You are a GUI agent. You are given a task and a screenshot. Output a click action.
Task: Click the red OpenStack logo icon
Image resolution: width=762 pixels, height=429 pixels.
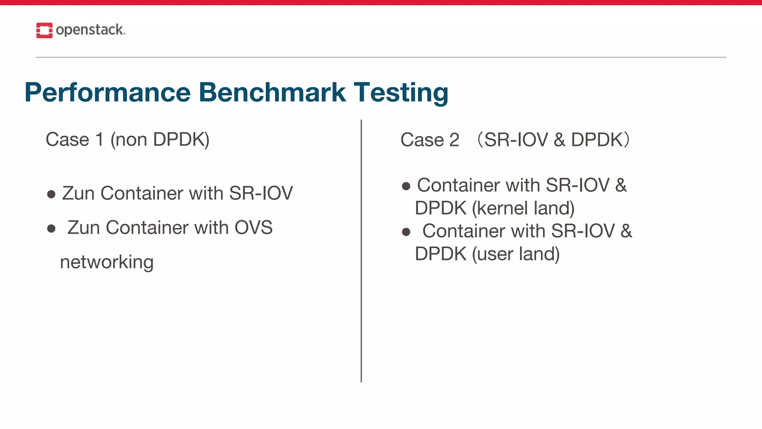tap(44, 30)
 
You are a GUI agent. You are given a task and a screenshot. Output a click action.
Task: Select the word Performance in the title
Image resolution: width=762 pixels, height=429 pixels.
tap(108, 92)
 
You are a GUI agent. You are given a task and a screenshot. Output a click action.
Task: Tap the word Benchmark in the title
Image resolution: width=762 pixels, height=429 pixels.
tap(272, 92)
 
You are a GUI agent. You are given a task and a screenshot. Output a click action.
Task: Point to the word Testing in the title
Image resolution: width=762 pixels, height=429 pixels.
tap(401, 93)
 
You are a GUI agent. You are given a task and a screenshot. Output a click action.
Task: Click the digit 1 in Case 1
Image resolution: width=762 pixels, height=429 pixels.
tap(99, 140)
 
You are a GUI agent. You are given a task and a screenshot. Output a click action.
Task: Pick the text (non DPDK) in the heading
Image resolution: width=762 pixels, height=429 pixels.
tap(160, 140)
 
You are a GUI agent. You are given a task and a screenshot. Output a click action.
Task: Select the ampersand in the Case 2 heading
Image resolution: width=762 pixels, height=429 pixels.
tap(559, 140)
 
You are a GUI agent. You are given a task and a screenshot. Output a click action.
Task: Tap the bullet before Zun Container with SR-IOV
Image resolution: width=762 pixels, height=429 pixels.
tap(51, 194)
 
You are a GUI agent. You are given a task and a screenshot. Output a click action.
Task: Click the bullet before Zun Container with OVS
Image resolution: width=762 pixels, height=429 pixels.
tap(51, 228)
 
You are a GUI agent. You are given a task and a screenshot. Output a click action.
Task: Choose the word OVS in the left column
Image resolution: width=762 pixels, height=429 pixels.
tap(253, 228)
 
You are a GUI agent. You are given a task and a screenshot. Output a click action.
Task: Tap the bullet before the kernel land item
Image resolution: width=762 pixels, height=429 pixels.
tap(406, 186)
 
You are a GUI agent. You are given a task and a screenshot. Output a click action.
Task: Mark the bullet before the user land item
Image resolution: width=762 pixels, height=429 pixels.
tap(406, 232)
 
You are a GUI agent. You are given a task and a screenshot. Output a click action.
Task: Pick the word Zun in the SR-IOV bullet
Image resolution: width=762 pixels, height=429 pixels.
tap(78, 194)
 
